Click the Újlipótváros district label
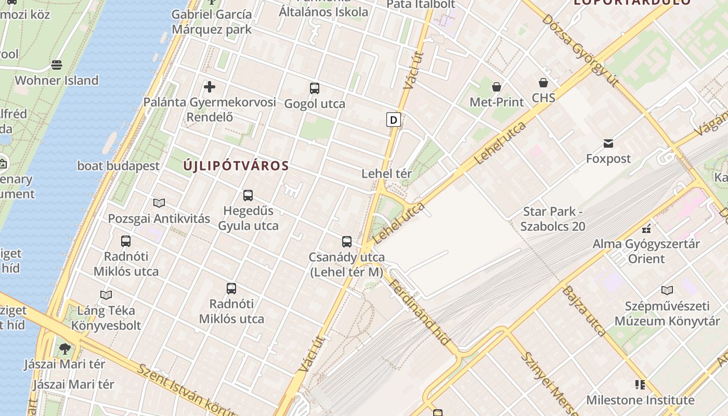coord(236,166)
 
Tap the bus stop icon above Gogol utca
coord(314,88)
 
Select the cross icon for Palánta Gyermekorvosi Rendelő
coord(210,86)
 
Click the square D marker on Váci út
coord(394,120)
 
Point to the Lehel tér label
coord(386,174)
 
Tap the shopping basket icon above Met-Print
coord(497,86)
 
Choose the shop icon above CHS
coord(543,83)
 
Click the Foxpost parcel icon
coord(608,143)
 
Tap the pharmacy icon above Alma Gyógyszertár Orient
coord(646,228)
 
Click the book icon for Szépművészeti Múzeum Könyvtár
coord(667,290)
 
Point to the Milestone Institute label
coord(640,400)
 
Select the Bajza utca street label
coord(583,310)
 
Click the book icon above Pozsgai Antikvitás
coord(159,203)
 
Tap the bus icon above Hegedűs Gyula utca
coord(248,196)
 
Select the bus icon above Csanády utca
coord(347,242)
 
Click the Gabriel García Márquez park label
coord(212,21)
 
